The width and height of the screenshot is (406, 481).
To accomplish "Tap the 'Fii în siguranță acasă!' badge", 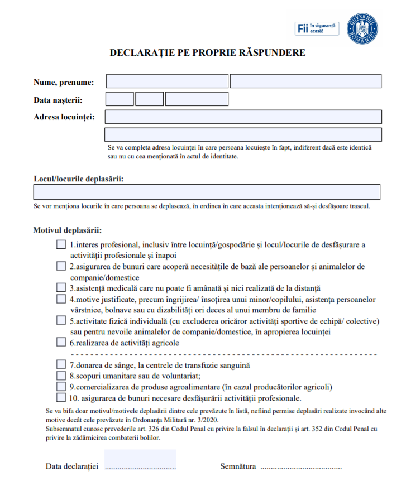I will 317,28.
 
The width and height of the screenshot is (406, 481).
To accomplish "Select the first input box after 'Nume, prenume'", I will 166,81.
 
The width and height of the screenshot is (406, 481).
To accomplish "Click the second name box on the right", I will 305,81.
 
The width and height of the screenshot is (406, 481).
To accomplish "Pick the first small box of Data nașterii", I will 120,99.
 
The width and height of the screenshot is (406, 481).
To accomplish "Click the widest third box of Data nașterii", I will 197,99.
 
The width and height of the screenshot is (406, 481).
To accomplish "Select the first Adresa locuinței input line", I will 243,117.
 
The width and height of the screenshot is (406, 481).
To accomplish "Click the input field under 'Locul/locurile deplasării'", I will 207,192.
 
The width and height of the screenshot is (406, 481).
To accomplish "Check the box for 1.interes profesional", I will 61,244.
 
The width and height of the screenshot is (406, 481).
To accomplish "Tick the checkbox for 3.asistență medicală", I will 61,288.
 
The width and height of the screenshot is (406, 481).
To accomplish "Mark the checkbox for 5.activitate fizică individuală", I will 61,321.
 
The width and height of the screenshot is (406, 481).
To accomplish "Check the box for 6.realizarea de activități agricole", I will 61,343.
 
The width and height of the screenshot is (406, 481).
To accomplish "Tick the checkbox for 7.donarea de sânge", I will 61,364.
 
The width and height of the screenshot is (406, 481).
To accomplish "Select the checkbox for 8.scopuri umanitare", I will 61,376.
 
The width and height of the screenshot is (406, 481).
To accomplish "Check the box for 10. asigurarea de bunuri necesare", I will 61,398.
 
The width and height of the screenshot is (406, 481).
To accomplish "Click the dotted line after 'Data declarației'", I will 140,466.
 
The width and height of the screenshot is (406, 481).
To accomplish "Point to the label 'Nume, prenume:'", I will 64,83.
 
